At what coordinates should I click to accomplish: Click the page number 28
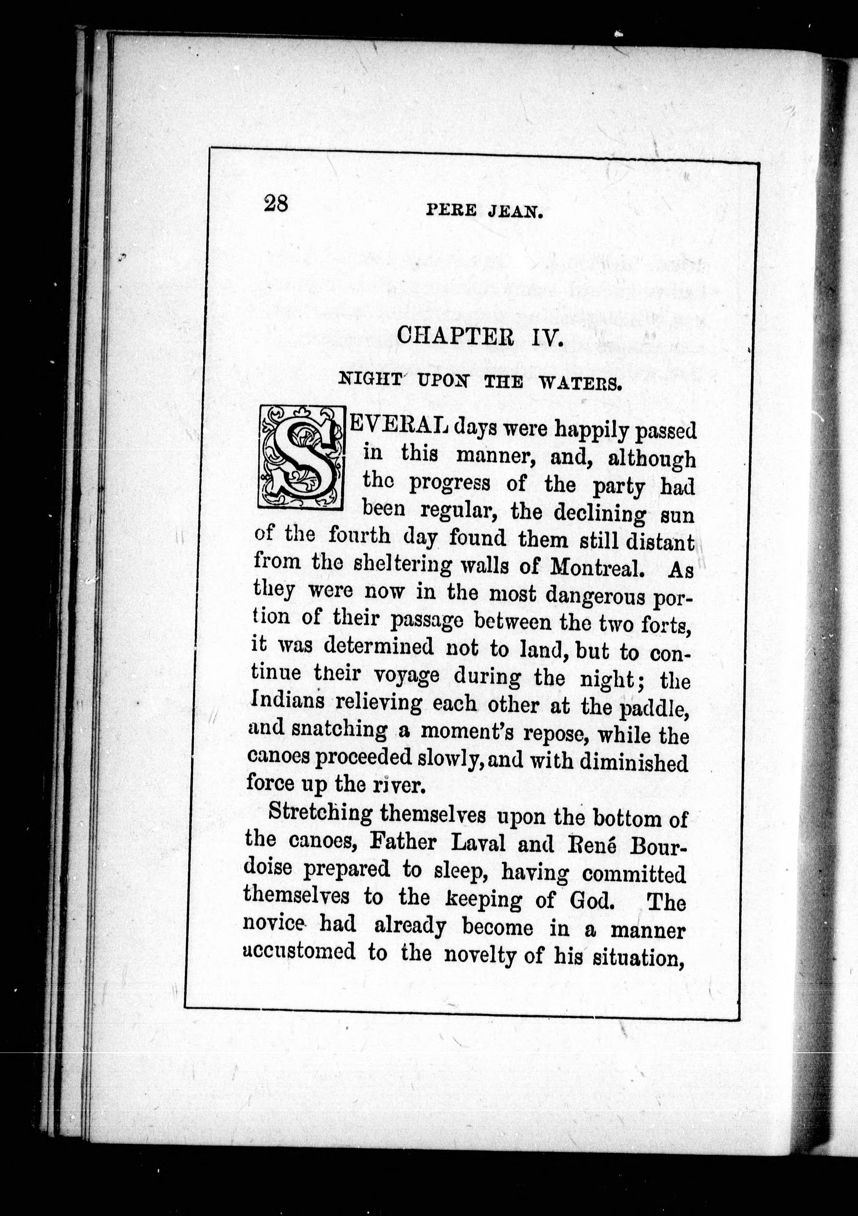(276, 204)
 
